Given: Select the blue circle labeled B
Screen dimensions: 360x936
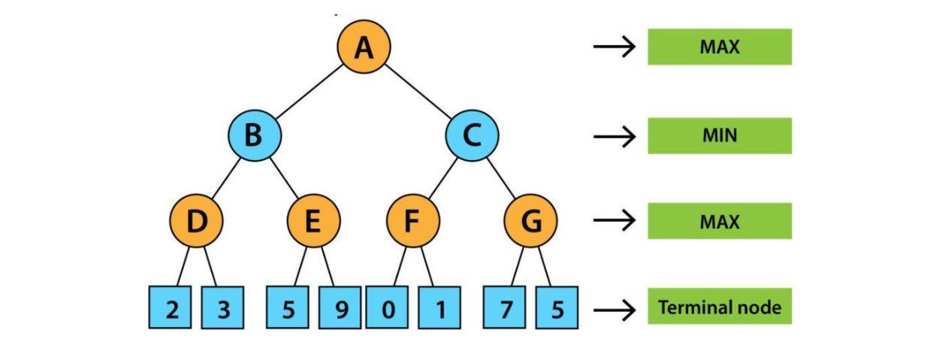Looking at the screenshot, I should (255, 136).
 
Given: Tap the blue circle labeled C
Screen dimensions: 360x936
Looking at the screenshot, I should (473, 136).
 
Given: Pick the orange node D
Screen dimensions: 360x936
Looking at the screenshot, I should (196, 222).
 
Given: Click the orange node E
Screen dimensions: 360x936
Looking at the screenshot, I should (314, 222).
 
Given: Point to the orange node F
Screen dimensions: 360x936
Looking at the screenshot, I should (412, 222).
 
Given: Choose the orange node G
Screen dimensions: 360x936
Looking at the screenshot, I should (531, 222).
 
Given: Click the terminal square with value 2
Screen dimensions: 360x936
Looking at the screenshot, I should (172, 307).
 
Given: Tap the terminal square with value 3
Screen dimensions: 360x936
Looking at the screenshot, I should (222, 307).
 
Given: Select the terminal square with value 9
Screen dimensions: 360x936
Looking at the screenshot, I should (341, 307).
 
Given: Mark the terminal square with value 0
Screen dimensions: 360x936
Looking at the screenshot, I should (388, 307).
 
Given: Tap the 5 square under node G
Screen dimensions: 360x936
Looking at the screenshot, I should (557, 307).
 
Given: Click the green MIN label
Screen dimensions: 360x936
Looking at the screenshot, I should (719, 136).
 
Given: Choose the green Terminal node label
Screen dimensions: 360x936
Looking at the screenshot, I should (719, 307).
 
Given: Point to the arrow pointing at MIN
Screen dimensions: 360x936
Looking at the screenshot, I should (614, 137).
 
